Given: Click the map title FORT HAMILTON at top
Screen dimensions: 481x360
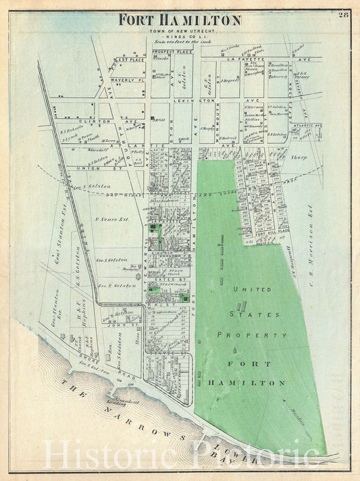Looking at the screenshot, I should point(180,20).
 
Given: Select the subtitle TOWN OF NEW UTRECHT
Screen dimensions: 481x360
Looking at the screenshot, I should point(180,31).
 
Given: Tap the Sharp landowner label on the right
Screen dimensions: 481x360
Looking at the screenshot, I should point(299,157).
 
